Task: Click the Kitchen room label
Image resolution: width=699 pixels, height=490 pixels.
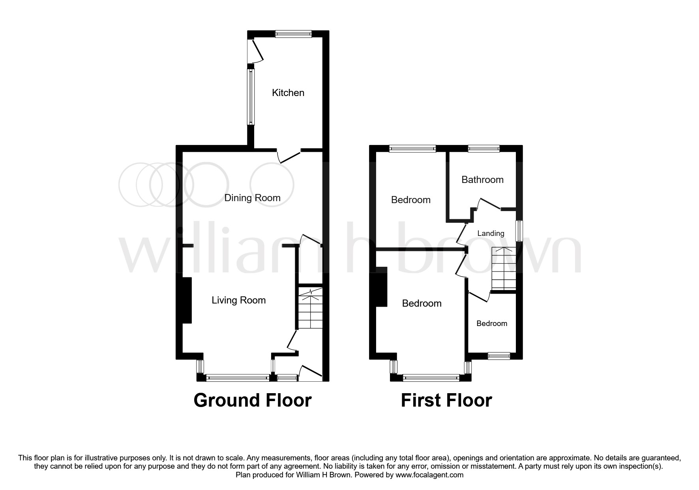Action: tap(288, 93)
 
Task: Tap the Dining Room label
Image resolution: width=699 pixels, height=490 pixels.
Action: tap(252, 198)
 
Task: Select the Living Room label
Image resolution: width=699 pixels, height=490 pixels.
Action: tap(238, 300)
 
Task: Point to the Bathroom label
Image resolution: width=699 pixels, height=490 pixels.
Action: tap(482, 180)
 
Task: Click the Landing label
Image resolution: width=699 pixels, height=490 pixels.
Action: tap(491, 234)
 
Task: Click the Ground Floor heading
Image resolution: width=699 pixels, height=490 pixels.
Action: tap(253, 400)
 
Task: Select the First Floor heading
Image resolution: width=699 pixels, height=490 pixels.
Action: tap(446, 400)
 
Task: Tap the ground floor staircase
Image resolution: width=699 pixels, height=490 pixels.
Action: tap(310, 308)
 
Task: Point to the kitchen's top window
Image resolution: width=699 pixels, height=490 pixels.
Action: tap(293, 34)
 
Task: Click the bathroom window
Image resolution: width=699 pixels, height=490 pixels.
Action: tap(483, 149)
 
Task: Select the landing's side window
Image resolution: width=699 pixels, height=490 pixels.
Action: tap(520, 230)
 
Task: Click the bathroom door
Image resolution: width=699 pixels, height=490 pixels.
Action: tap(489, 204)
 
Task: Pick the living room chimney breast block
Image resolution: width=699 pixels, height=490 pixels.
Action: tap(187, 300)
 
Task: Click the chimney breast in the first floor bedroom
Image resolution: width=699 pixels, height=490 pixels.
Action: tap(381, 287)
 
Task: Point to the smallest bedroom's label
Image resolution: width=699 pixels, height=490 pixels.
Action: tap(492, 324)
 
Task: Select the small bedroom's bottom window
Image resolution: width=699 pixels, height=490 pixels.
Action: tap(499, 356)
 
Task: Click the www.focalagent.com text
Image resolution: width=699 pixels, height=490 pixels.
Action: tap(429, 475)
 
